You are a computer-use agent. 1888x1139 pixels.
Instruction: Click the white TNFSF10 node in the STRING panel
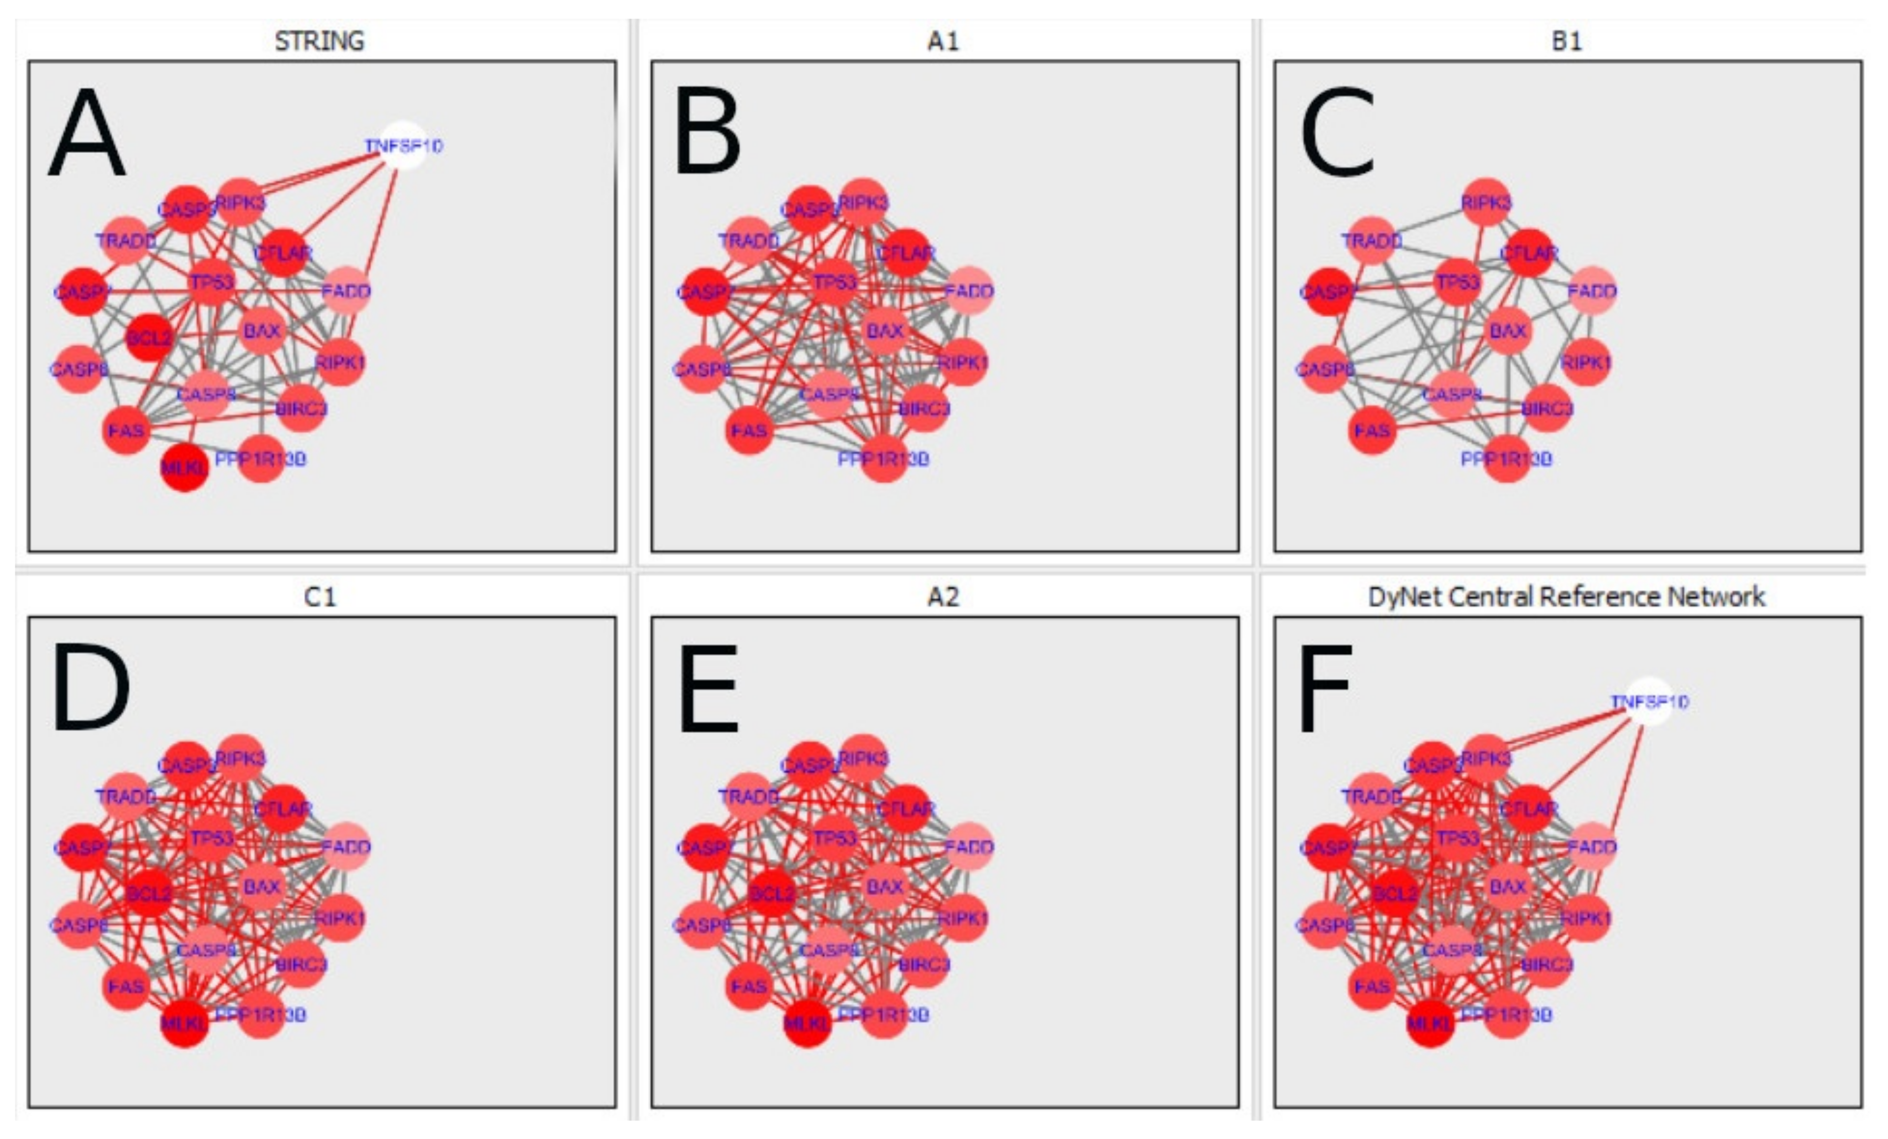click(404, 145)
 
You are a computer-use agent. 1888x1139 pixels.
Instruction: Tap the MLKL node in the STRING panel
click(185, 467)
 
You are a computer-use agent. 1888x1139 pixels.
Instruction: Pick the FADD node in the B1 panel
click(1592, 291)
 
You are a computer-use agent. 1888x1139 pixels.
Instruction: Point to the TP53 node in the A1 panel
click(834, 283)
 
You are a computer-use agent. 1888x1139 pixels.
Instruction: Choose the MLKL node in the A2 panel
click(807, 1022)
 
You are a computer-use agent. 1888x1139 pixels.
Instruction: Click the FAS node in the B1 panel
click(1371, 430)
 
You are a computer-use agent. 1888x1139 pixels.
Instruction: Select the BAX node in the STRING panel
click(262, 331)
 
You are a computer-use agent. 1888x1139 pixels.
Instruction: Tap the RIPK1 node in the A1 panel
click(963, 363)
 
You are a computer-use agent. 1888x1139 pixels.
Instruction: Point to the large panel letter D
click(90, 688)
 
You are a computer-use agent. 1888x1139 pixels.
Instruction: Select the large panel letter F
click(1324, 688)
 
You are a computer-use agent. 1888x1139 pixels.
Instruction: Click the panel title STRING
click(320, 40)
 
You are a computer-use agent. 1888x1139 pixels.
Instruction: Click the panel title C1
click(320, 596)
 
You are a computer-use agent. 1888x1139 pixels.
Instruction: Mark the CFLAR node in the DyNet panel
click(1529, 809)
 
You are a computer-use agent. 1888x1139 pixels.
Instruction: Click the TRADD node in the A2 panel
click(749, 797)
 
